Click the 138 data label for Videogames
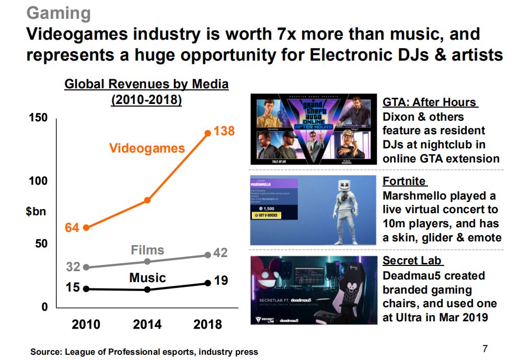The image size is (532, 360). (x=224, y=132)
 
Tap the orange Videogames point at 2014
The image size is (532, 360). (x=147, y=200)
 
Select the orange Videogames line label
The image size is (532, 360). (x=147, y=148)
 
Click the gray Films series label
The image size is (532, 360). (x=147, y=250)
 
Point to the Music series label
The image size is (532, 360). (x=147, y=278)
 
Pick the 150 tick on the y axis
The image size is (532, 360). (x=37, y=118)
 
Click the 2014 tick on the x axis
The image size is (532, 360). (x=147, y=324)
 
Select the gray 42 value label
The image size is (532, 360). (x=221, y=253)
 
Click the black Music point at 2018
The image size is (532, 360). (x=207, y=283)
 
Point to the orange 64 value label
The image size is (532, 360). (x=72, y=228)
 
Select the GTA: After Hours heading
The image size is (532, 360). (x=430, y=102)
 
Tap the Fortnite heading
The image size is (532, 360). (x=404, y=181)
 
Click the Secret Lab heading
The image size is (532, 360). (x=412, y=261)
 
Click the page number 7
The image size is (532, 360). (x=484, y=349)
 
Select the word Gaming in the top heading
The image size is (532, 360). (x=58, y=13)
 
